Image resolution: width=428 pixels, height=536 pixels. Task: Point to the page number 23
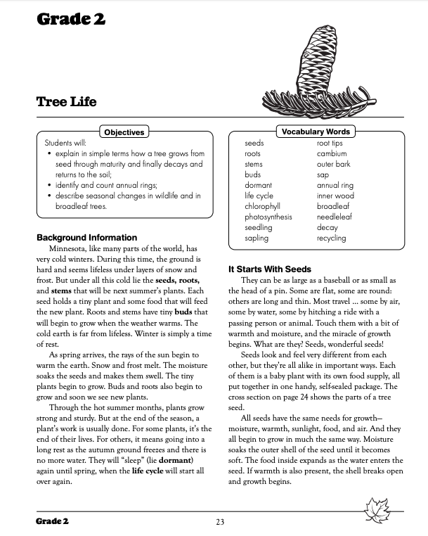pyautogui.click(x=219, y=522)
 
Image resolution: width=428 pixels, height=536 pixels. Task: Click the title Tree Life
pyautogui.click(x=66, y=102)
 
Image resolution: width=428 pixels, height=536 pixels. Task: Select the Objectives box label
pyautogui.click(x=124, y=132)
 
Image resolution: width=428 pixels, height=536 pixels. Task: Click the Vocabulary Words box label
pyautogui.click(x=316, y=132)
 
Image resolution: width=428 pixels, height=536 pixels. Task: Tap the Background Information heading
pyautogui.click(x=86, y=238)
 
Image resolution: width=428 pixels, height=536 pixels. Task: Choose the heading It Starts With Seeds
pyautogui.click(x=269, y=269)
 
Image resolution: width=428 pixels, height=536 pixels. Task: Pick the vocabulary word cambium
pyautogui.click(x=331, y=153)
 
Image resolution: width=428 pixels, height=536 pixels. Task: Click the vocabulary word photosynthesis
pyautogui.click(x=268, y=217)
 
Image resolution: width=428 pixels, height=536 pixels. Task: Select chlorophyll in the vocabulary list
pyautogui.click(x=262, y=207)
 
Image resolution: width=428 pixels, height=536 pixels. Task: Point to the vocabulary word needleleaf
pyautogui.click(x=335, y=217)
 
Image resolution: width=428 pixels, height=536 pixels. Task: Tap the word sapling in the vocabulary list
pyautogui.click(x=257, y=238)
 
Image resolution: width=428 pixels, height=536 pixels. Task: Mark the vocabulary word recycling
pyautogui.click(x=331, y=238)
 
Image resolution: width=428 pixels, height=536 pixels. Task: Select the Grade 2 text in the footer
pyautogui.click(x=54, y=522)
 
